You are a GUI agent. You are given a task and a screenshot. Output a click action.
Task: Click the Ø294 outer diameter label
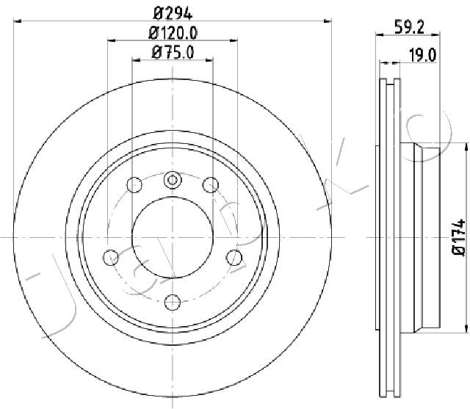[173, 13]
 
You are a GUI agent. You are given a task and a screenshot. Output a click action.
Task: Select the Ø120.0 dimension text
[173, 33]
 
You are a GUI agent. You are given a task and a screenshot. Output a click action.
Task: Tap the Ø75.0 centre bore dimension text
[173, 52]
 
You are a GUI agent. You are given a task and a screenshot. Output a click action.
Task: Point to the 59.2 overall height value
[409, 28]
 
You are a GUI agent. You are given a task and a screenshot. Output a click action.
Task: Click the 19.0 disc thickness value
[423, 55]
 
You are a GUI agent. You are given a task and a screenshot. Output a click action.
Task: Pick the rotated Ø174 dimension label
[459, 237]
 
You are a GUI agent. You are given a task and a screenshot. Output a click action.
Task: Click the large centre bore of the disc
[173, 237]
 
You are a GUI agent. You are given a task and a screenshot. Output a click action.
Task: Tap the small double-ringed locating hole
[173, 180]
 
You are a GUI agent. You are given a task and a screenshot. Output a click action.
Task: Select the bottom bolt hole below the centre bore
[173, 303]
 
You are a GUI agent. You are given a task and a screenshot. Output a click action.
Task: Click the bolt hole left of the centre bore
[111, 257]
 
